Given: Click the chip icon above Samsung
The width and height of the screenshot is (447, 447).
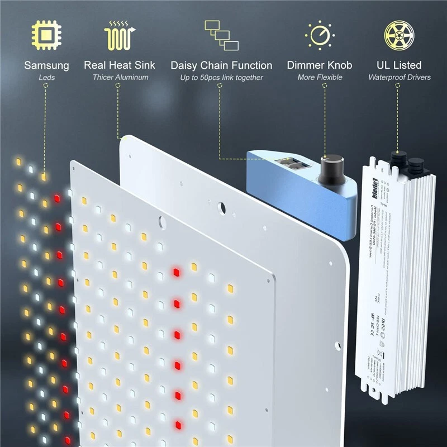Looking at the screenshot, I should click(46, 35).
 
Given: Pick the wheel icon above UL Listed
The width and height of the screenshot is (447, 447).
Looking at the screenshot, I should click(399, 35).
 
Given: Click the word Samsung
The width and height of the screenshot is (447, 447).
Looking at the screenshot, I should click(46, 65).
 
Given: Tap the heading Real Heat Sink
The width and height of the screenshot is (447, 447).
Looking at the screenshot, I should click(120, 65).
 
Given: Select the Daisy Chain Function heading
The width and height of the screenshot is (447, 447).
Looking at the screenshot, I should click(221, 65).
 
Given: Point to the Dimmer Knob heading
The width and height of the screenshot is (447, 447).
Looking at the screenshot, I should click(320, 65).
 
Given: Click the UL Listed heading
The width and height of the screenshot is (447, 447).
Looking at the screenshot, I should click(399, 65).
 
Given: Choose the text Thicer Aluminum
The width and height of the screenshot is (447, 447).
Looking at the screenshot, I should click(120, 77).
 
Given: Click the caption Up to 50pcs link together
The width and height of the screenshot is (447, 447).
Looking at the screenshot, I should click(221, 77).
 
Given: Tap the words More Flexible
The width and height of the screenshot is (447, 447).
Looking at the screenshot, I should click(320, 77).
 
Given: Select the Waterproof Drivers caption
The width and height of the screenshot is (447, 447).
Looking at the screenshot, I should click(399, 77).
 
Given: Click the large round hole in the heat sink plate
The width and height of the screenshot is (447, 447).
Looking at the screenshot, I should click(222, 208).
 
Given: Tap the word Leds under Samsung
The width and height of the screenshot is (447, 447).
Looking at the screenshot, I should click(46, 77).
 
